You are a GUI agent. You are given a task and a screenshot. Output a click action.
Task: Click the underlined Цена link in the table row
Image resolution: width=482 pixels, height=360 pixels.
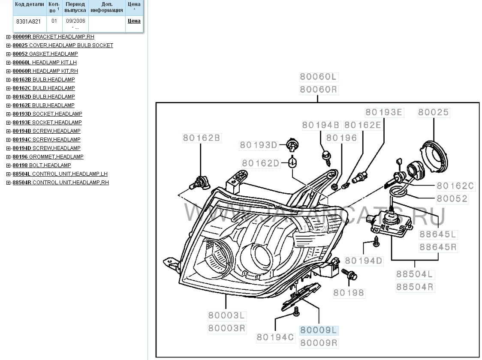[x=134, y=21]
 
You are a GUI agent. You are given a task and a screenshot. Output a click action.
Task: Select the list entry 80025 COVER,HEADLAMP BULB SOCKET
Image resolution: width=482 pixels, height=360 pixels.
[x=63, y=45]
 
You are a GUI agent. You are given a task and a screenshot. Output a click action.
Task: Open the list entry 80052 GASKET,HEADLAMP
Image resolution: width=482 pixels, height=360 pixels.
[x=45, y=54]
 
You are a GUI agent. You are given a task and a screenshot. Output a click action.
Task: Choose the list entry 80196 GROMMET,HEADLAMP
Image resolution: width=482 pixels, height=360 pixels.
[x=48, y=157]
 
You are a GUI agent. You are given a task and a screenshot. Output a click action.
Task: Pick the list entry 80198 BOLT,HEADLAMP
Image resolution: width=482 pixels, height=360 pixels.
[x=42, y=165]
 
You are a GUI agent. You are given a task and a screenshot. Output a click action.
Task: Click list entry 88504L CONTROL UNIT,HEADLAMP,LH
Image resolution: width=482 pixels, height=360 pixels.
[x=60, y=174]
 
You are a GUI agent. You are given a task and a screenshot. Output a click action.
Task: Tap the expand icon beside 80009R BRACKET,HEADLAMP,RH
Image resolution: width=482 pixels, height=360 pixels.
[x=8, y=37]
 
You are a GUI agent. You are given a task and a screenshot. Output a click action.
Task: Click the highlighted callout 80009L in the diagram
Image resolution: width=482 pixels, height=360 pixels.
[x=319, y=330]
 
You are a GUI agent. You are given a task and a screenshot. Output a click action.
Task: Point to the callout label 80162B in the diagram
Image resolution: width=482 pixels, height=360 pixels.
[x=201, y=138]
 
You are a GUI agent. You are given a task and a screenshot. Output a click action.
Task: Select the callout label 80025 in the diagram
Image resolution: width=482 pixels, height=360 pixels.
[x=434, y=112]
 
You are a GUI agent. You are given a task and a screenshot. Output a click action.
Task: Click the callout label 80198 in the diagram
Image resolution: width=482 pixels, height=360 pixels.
[x=349, y=293]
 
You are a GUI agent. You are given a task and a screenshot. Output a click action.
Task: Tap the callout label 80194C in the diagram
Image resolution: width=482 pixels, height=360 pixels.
[x=276, y=337]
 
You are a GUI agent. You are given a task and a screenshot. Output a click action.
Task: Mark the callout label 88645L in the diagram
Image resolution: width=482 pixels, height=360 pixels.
[x=438, y=234]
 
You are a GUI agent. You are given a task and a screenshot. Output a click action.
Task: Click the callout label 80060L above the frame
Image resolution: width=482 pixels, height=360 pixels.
[x=319, y=77]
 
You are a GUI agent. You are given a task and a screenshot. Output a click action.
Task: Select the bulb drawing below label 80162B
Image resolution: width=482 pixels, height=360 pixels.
[x=200, y=183]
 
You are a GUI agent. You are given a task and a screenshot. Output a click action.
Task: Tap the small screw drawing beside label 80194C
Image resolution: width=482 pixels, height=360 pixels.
[x=296, y=315]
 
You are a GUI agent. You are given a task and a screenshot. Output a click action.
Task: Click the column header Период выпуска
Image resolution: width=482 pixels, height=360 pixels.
[x=75, y=7]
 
